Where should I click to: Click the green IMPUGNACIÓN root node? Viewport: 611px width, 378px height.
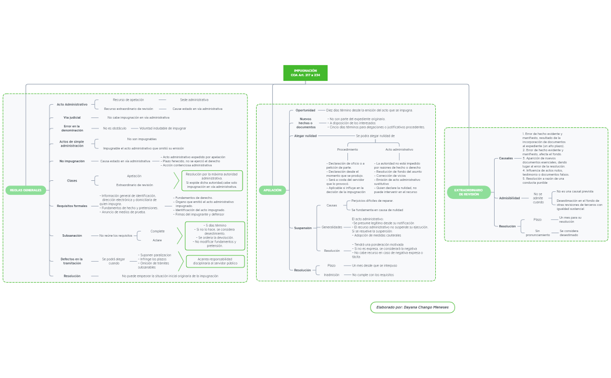click(x=305, y=73)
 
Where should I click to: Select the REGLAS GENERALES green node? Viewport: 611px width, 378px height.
click(x=26, y=190)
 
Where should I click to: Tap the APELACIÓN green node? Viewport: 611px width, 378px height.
click(x=272, y=190)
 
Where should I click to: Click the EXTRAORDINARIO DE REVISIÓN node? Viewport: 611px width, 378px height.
click(x=468, y=192)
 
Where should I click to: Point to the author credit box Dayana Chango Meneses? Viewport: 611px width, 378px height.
click(x=412, y=307)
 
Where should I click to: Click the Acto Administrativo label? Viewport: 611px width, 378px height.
click(x=72, y=105)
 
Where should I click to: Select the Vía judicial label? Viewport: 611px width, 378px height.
click(x=72, y=117)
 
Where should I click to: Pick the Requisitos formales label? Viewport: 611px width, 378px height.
click(x=72, y=206)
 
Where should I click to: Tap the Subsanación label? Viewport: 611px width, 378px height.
click(x=72, y=236)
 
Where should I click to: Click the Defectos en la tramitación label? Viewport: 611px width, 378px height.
click(x=72, y=261)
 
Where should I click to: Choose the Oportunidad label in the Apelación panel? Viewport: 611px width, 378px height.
click(x=305, y=110)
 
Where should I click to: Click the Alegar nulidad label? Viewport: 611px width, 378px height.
click(x=305, y=135)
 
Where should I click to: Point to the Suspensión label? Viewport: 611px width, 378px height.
click(x=303, y=228)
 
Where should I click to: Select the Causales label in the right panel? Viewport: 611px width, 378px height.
click(x=506, y=158)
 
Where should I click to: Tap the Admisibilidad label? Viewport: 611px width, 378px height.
click(x=510, y=198)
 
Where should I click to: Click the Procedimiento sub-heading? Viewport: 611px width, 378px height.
click(x=348, y=149)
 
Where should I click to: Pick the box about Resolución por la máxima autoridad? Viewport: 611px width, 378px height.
click(x=212, y=180)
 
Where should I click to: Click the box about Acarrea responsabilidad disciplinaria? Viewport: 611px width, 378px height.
click(x=215, y=261)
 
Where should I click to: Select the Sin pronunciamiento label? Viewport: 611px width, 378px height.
click(x=538, y=233)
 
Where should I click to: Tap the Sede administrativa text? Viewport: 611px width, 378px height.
click(x=194, y=99)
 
